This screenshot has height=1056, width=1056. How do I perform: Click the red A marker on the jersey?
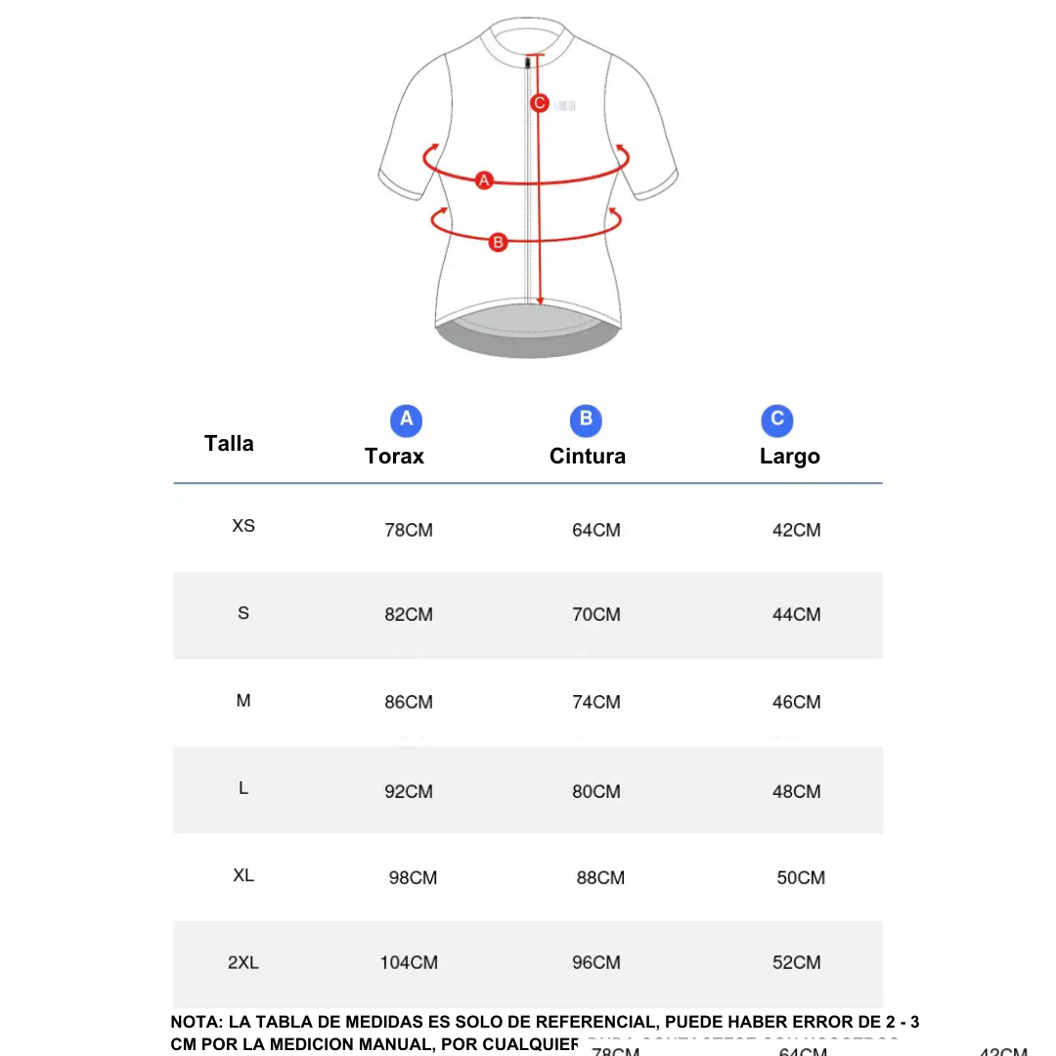pyautogui.click(x=483, y=180)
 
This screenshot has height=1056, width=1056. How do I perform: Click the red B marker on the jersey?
pyautogui.click(x=498, y=241)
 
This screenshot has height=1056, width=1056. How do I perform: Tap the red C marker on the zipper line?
pyautogui.click(x=539, y=103)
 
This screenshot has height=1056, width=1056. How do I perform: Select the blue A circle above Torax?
pyautogui.click(x=406, y=420)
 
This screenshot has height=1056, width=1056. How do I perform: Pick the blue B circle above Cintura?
pyautogui.click(x=586, y=420)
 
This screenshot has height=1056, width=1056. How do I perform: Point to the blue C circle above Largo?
pyautogui.click(x=777, y=420)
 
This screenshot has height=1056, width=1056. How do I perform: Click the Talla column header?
pyautogui.click(x=229, y=444)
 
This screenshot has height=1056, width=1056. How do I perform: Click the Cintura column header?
pyautogui.click(x=588, y=457)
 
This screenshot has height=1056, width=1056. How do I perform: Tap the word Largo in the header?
pyautogui.click(x=790, y=457)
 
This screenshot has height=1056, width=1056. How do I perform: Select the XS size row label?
pyautogui.click(x=243, y=526)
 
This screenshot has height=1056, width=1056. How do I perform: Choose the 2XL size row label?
pyautogui.click(x=243, y=963)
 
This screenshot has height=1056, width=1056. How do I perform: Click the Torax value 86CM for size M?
pyautogui.click(x=409, y=702)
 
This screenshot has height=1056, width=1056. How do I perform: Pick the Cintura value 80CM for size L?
pyautogui.click(x=596, y=792)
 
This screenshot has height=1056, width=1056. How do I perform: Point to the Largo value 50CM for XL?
pyautogui.click(x=801, y=878)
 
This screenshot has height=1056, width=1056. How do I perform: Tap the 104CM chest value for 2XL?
pyautogui.click(x=409, y=963)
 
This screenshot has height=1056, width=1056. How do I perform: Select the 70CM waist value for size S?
pyautogui.click(x=596, y=615)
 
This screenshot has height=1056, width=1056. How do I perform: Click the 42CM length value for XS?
pyautogui.click(x=797, y=531)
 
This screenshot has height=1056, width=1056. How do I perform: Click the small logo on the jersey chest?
pyautogui.click(x=565, y=105)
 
